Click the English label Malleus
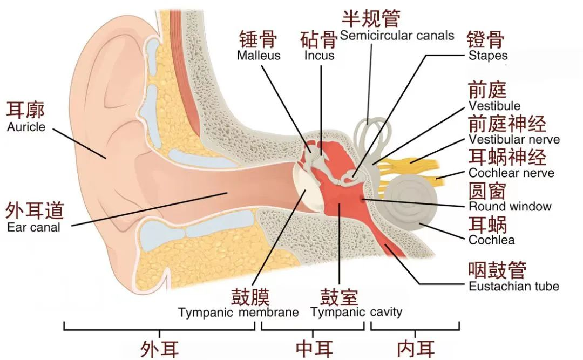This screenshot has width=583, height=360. [259, 56]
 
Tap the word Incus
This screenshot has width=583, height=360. [319, 56]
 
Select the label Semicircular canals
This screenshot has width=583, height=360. [397, 36]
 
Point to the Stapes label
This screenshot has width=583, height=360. [488, 55]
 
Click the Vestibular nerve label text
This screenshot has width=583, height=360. [514, 140]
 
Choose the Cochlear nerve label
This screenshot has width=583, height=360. [511, 173]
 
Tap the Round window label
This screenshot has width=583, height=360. [510, 206]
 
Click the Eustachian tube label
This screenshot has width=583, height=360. [513, 287]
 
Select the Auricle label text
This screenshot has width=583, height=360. [26, 128]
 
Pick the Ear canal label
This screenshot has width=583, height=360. [33, 227]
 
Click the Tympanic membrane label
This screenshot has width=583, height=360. [239, 313]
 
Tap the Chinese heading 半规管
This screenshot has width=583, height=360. [371, 18]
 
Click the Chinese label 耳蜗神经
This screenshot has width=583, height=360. [507, 157]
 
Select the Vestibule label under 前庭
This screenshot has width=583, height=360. [494, 106]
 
